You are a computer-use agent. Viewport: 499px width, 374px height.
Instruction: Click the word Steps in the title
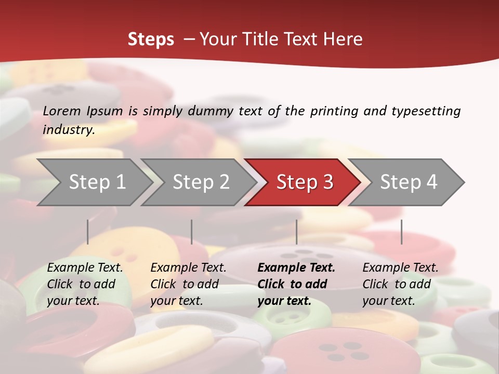pyautogui.click(x=151, y=39)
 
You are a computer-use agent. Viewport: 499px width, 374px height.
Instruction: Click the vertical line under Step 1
pyautogui.click(x=88, y=232)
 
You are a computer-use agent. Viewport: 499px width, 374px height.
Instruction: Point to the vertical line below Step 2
pyautogui.click(x=192, y=232)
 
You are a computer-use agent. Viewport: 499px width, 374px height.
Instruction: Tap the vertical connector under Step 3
pyautogui.click(x=297, y=232)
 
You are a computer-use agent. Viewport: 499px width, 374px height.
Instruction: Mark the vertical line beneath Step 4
pyautogui.click(x=402, y=232)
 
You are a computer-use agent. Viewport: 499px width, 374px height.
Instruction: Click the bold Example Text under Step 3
pyautogui.click(x=296, y=284)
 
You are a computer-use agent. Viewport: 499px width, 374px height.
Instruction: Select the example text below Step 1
pyautogui.click(x=85, y=284)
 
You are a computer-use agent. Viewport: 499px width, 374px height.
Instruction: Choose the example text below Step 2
pyautogui.click(x=188, y=284)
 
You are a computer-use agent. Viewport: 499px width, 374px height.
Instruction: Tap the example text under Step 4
pyautogui.click(x=400, y=284)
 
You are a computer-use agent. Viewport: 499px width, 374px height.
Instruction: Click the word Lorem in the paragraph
pyautogui.click(x=62, y=111)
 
